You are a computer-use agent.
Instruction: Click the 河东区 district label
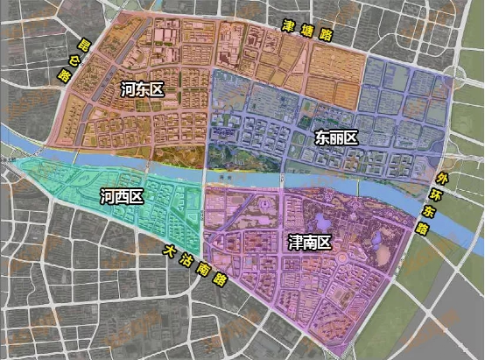[x=144, y=89]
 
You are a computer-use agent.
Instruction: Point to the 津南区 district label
[x=308, y=238]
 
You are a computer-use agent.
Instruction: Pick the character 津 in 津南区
[x=293, y=238]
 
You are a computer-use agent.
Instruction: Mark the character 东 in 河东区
[x=144, y=89]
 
